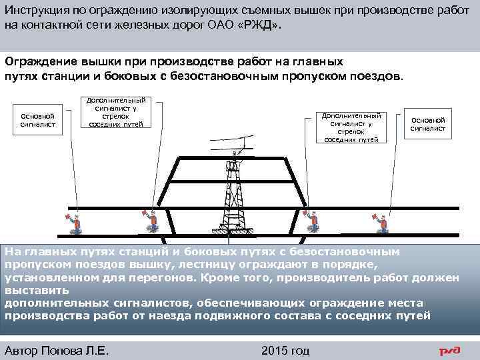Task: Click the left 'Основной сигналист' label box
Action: tap(38, 120)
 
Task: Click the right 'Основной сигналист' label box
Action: tap(427, 124)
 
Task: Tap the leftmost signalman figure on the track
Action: tap(75, 221)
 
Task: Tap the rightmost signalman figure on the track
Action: tap(382, 221)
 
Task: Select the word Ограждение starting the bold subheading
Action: tap(40, 61)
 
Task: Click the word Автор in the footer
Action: tap(22, 350)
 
